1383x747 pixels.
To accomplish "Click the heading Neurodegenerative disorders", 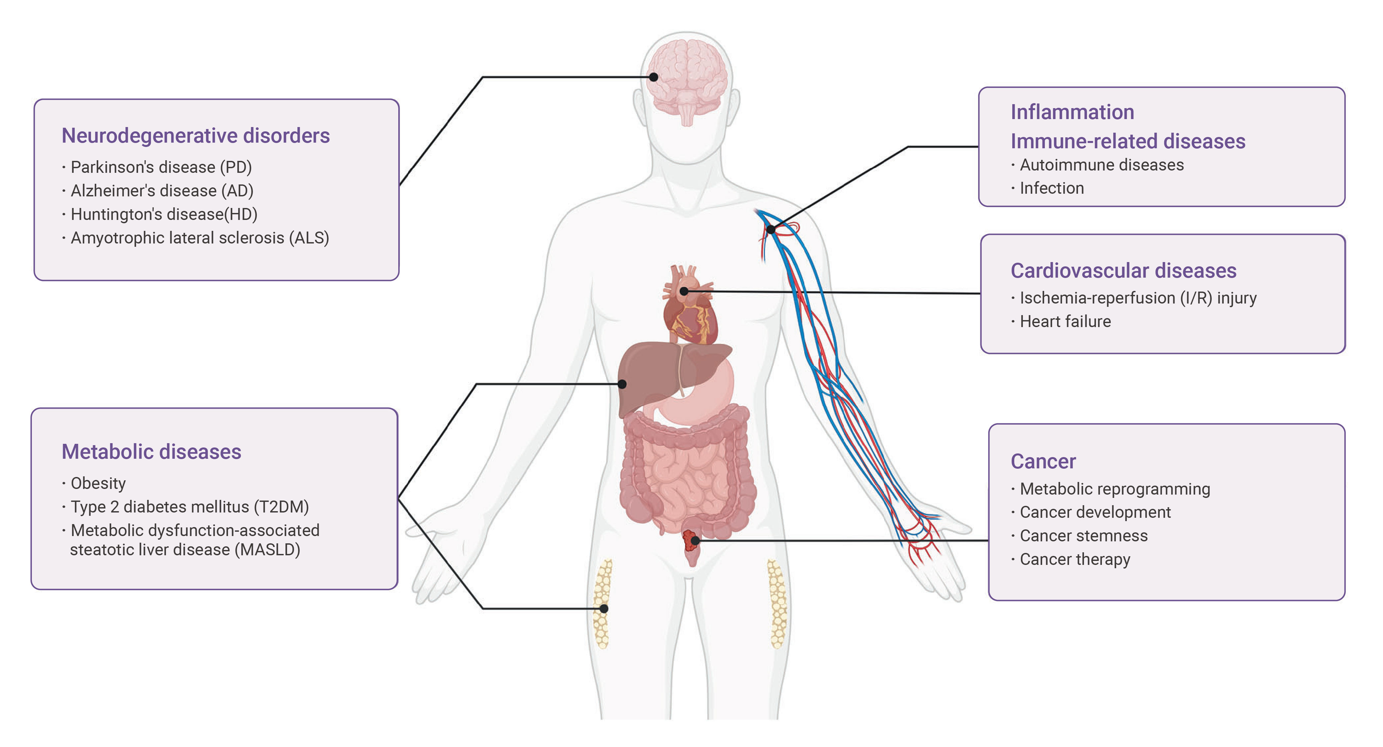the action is coord(195,136).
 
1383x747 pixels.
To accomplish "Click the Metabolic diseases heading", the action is coord(151,452).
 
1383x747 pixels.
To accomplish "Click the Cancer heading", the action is coord(1043,461).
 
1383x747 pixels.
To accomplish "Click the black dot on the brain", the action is coord(653,77).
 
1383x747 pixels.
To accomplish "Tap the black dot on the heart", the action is coord(684,291).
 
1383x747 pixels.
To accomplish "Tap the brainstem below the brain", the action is coord(687,114).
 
